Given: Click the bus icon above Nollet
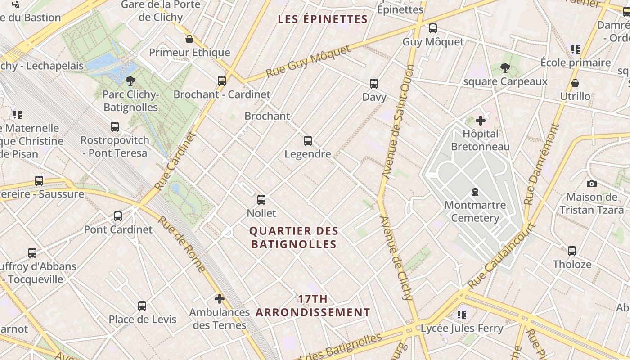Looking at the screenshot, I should tap(261, 200).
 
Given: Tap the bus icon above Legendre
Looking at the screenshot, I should tap(308, 141).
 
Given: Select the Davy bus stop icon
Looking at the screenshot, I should tap(374, 84).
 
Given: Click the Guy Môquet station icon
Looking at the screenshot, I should tap(433, 28).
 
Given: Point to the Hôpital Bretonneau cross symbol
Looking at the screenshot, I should tap(481, 121).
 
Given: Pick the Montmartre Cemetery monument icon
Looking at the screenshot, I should tap(475, 192).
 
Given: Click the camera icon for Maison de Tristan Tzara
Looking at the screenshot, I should tap(592, 184).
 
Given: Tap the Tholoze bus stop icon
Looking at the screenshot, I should tap(572, 251).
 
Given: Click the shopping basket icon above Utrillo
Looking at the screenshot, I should tap(575, 83).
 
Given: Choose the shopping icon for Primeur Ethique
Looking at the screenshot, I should tap(189, 39).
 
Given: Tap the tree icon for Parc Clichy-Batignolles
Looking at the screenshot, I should tap(130, 81).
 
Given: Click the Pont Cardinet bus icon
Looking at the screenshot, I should tap(118, 216).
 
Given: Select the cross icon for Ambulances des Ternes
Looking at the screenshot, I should tap(219, 299).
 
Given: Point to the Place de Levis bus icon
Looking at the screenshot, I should tap(142, 306).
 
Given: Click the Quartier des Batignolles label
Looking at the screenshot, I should tap(294, 238).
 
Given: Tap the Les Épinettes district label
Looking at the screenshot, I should tap(323, 19).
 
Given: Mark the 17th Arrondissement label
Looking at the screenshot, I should tap(313, 306).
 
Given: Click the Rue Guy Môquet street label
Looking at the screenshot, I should tap(308, 61).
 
